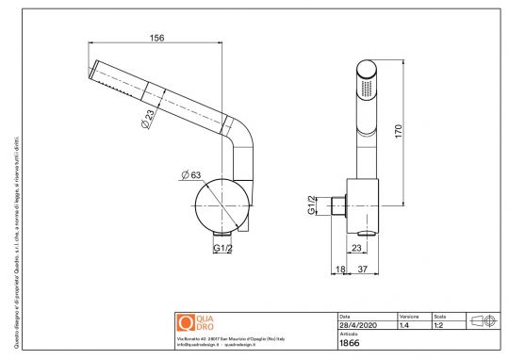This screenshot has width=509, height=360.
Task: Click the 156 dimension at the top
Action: click(x=156, y=39)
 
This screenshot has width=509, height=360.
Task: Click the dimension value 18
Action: click(x=341, y=270)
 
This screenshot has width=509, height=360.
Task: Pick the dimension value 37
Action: click(x=362, y=270)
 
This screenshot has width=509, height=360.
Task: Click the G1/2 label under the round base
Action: click(x=222, y=248)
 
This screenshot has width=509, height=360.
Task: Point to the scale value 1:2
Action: click(x=440, y=325)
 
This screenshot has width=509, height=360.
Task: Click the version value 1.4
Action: click(x=404, y=325)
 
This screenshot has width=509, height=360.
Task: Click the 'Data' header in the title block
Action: click(x=345, y=316)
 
